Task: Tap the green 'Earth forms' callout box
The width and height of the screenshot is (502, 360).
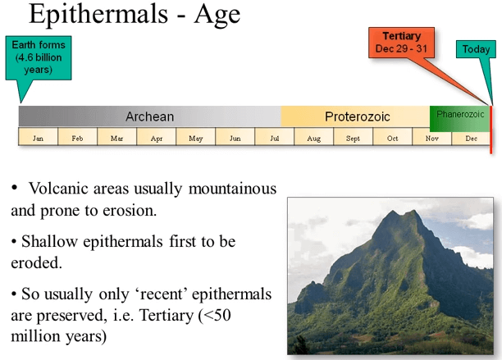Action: click(x=44, y=57)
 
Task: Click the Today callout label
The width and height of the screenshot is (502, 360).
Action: click(x=476, y=49)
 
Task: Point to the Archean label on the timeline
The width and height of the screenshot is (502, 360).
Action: click(x=149, y=116)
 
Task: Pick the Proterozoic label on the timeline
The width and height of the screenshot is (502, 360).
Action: click(x=357, y=116)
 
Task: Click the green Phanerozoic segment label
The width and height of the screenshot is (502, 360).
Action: click(x=460, y=115)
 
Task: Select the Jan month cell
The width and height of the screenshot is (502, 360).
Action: click(x=38, y=138)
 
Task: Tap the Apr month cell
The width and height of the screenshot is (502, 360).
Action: click(x=156, y=138)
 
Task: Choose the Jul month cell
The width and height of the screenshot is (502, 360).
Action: click(x=274, y=138)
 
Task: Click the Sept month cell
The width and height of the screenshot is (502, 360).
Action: click(x=353, y=138)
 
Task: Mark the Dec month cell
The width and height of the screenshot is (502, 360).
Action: click(x=471, y=138)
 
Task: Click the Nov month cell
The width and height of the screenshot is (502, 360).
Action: click(x=431, y=138)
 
